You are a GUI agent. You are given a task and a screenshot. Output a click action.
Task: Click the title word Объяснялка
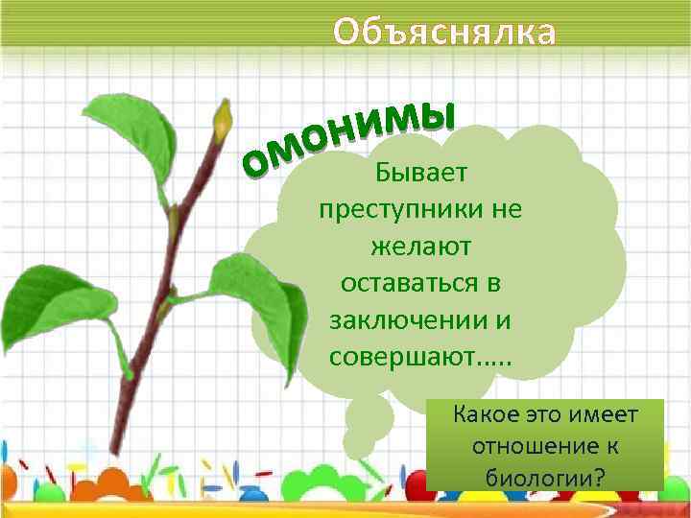pos(443,32)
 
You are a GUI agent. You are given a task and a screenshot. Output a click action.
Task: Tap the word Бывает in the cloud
pos(421,174)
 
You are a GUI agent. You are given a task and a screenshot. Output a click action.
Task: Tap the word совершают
pos(401,358)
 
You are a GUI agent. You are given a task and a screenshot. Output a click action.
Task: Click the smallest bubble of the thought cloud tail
pos(359,446)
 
